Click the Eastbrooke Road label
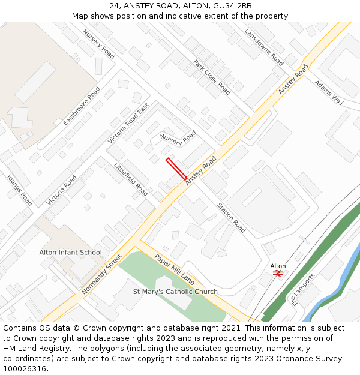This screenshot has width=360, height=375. click(82, 106)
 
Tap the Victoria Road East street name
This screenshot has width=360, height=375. click(128, 123)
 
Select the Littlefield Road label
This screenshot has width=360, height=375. click(130, 179)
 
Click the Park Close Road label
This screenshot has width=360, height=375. click(211, 77)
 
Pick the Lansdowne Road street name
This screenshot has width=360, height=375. click(263, 47)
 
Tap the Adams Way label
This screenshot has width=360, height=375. click(329, 92)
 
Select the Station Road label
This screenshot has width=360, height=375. click(231, 217)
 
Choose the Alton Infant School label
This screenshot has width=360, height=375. click(71, 253)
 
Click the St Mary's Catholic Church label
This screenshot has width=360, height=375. click(175, 292)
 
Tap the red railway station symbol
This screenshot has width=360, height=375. click(278, 272)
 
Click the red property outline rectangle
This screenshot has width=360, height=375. click(176, 169)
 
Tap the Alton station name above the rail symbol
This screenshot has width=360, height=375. click(278, 266)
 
